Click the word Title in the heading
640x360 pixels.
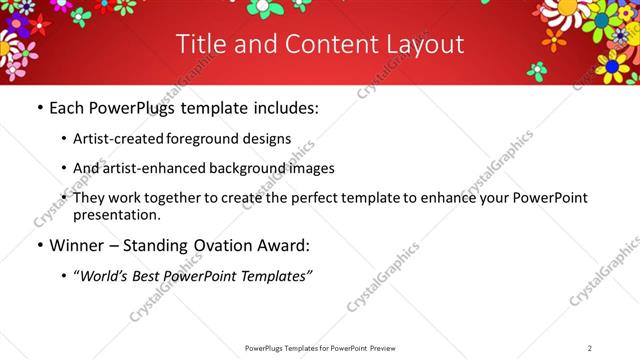(200, 44)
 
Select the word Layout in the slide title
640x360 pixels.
(420, 44)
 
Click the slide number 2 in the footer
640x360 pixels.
(590, 348)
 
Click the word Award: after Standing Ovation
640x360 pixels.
(283, 245)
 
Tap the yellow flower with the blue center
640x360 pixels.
(612, 68)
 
